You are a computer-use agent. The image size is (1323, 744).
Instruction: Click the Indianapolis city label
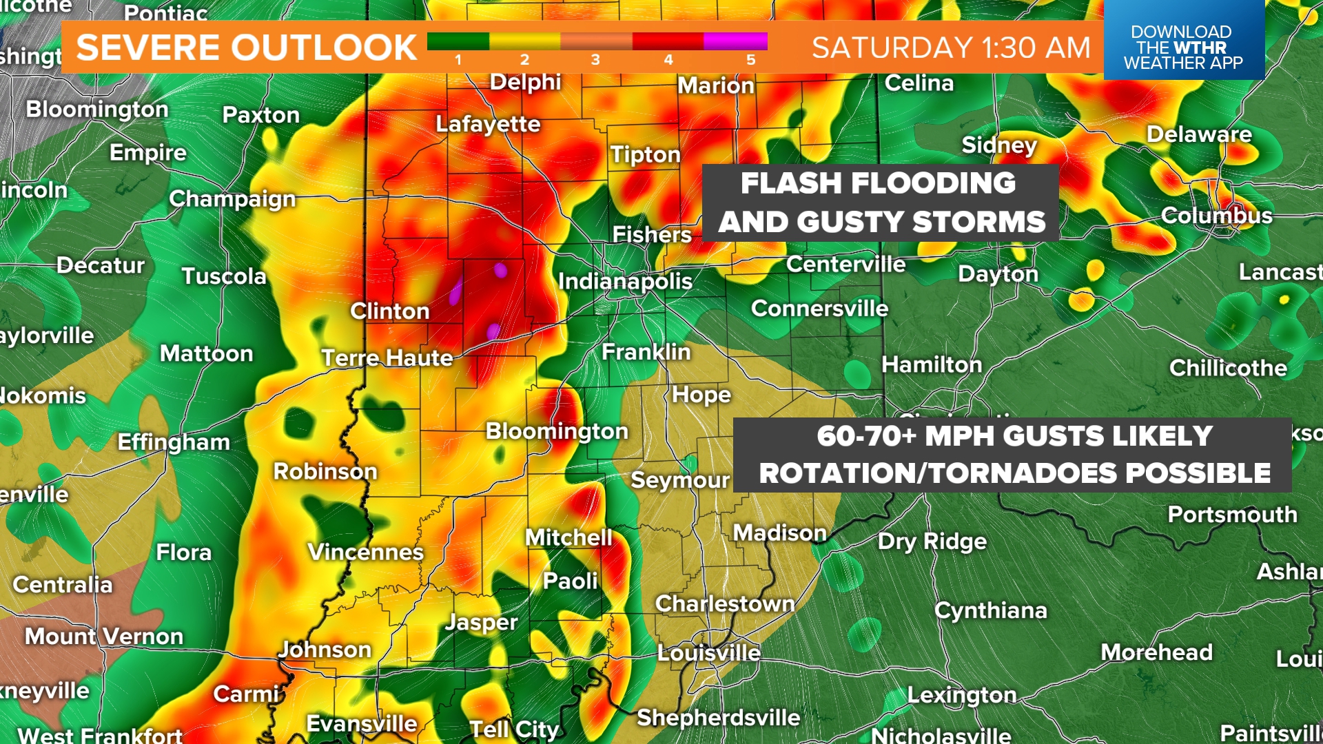coord(625,281)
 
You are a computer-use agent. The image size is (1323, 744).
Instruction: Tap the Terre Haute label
coord(387,358)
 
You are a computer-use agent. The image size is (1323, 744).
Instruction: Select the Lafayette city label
coord(488,124)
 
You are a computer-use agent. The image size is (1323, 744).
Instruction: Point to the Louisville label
coord(708,652)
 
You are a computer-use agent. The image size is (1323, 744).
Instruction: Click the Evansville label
coord(361,723)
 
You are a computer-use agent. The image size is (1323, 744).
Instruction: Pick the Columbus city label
coord(1216,216)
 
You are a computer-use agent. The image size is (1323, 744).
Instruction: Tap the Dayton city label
coord(998,274)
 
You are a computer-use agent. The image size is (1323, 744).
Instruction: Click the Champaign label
coord(232,199)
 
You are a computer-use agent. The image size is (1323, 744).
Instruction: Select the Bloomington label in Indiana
coord(557,431)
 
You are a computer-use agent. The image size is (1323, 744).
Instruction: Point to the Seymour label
coord(679,480)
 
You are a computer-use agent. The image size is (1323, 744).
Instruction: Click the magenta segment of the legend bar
coord(735,41)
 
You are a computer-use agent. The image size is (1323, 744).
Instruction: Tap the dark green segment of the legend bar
coord(458,41)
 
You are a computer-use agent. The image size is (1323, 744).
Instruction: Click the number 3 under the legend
coord(595,60)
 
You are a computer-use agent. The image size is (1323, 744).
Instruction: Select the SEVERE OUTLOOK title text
coord(246,48)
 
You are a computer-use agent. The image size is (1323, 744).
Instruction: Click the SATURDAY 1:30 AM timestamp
coord(951,48)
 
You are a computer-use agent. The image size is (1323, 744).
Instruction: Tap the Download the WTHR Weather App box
coord(1183,47)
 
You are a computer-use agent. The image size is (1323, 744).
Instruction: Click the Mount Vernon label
coord(104,636)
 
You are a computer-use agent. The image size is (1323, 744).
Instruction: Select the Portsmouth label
coord(1232,515)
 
